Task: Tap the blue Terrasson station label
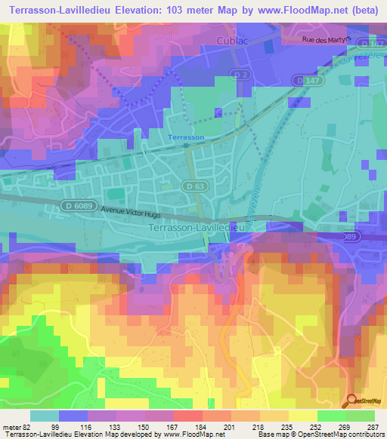coord(185,137)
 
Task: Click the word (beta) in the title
coord(364,10)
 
